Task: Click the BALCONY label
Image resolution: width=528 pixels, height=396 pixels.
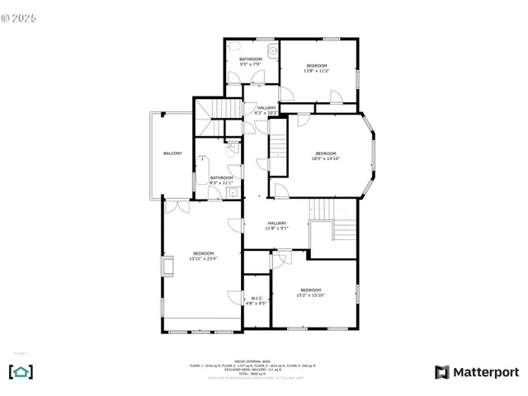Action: pyautogui.click(x=172, y=154)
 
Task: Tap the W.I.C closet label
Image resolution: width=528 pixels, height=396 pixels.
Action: pyautogui.click(x=256, y=298)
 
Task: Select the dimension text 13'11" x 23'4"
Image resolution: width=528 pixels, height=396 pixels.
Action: pyautogui.click(x=204, y=259)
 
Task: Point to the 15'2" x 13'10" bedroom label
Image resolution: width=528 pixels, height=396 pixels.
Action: pyautogui.click(x=310, y=290)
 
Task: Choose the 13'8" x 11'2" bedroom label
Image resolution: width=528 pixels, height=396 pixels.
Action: pyautogui.click(x=317, y=66)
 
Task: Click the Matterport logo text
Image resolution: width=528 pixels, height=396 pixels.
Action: pyautogui.click(x=478, y=372)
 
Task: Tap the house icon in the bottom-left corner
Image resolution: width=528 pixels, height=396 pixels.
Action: pyautogui.click(x=21, y=372)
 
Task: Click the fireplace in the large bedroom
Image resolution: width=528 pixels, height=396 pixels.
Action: pyautogui.click(x=167, y=266)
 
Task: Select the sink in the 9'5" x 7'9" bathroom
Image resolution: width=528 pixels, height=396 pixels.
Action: pyautogui.click(x=273, y=50)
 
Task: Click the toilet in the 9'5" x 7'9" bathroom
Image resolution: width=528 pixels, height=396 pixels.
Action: pyautogui.click(x=236, y=46)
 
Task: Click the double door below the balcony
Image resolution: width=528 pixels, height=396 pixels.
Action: pyautogui.click(x=176, y=205)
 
